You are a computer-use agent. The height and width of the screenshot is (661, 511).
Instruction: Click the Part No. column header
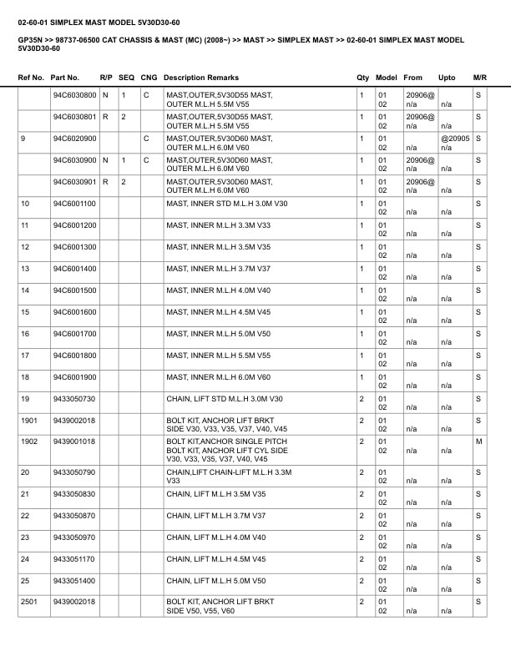65,78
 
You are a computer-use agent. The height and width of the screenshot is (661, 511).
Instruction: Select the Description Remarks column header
201,78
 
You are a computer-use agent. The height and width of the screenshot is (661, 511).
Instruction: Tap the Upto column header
448,78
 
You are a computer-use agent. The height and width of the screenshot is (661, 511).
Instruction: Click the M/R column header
479,78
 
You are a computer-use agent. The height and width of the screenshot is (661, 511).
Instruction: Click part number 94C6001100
74,204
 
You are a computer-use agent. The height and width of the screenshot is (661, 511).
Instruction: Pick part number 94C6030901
74,182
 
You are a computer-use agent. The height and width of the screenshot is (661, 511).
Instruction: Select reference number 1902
29,442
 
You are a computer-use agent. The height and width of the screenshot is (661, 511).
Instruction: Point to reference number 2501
29,602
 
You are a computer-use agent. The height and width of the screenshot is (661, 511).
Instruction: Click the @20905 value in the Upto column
455,139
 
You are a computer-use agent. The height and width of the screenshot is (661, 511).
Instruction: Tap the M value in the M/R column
478,442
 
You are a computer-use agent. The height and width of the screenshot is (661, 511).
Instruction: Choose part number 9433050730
74,399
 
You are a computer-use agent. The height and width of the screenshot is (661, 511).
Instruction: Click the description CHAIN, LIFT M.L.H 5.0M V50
216,580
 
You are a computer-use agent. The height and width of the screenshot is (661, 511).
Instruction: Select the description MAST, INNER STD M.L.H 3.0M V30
227,204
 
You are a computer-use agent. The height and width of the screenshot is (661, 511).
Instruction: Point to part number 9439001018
74,442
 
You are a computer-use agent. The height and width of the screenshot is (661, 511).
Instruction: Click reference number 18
25,377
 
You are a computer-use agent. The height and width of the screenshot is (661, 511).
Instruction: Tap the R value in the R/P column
105,117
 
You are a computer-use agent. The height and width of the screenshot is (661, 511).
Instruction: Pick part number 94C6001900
74,377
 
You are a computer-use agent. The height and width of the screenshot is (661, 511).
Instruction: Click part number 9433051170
74,558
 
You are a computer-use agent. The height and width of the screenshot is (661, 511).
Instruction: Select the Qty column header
362,78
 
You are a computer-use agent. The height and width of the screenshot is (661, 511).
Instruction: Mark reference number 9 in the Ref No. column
23,139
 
